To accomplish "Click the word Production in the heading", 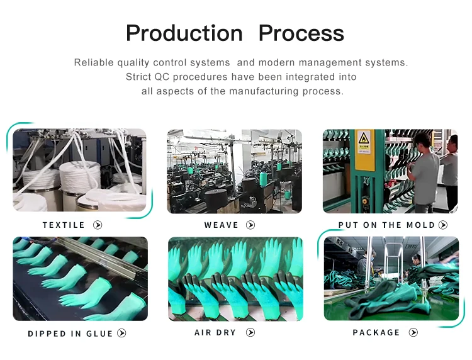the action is pos(184,33).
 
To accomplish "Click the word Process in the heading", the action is pos(301,33).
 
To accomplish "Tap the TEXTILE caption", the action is pos(64,225).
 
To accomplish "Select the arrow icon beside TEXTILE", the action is pos(98,225).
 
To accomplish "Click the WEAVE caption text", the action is pos(222,225).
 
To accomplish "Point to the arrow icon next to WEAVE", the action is pos(250,225).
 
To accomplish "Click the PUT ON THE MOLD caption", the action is pos(386,225).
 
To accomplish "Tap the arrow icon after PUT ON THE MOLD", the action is pos(443,225).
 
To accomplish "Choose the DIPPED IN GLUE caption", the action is pos(70,334).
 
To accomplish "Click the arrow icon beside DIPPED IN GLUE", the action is pos(122,333).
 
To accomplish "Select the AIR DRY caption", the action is pos(215,332).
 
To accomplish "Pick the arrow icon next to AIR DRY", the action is pos(250,332).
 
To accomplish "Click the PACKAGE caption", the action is pos(376,332).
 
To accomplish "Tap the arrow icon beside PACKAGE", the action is pos(413,332).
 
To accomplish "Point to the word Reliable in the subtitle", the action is pos(94,62).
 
